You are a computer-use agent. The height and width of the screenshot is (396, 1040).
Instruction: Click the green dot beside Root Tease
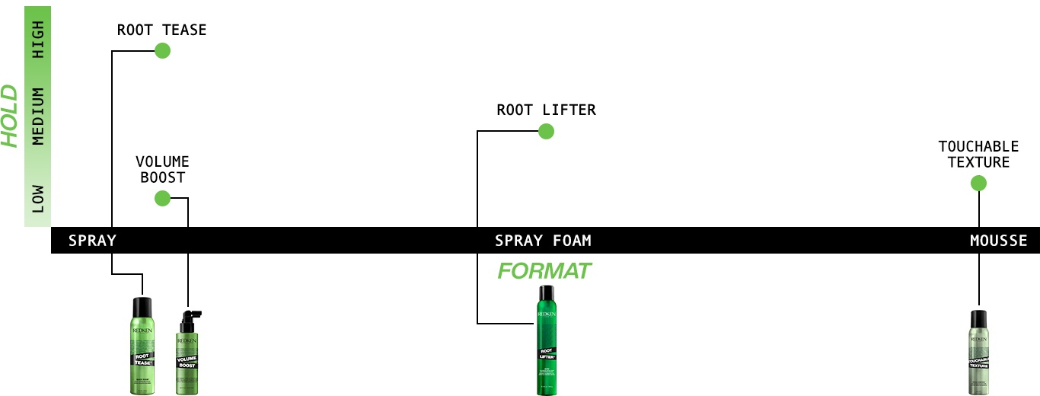(x=162, y=51)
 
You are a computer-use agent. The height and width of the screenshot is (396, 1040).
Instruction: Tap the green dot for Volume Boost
(x=162, y=199)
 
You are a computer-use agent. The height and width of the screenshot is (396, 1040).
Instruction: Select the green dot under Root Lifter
(x=546, y=132)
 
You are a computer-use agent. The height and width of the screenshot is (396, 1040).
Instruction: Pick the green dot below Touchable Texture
(x=979, y=183)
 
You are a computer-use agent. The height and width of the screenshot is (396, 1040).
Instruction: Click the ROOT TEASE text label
(x=161, y=30)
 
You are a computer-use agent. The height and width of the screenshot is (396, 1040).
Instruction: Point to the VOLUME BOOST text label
(x=162, y=169)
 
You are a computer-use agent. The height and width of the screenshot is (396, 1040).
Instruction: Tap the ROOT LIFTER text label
(x=546, y=110)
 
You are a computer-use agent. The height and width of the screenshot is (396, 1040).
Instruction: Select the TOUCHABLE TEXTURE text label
(x=978, y=154)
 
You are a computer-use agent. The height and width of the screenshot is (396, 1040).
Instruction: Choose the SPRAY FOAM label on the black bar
(x=543, y=241)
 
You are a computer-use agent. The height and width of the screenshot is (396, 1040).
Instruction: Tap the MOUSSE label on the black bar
(x=998, y=241)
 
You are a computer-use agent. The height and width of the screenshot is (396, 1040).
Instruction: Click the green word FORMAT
(x=544, y=270)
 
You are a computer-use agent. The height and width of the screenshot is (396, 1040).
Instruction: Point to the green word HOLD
(x=10, y=115)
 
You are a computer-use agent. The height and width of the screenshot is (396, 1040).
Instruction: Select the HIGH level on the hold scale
(x=38, y=40)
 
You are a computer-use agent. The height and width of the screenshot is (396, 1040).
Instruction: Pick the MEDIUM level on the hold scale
(x=38, y=116)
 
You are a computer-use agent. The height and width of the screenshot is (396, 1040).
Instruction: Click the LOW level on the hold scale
(x=38, y=198)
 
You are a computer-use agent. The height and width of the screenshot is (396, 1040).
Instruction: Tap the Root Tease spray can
(x=142, y=346)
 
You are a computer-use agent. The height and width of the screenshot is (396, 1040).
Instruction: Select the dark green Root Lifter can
(x=546, y=340)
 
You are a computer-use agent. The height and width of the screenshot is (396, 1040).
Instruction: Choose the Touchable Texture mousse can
(x=978, y=353)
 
